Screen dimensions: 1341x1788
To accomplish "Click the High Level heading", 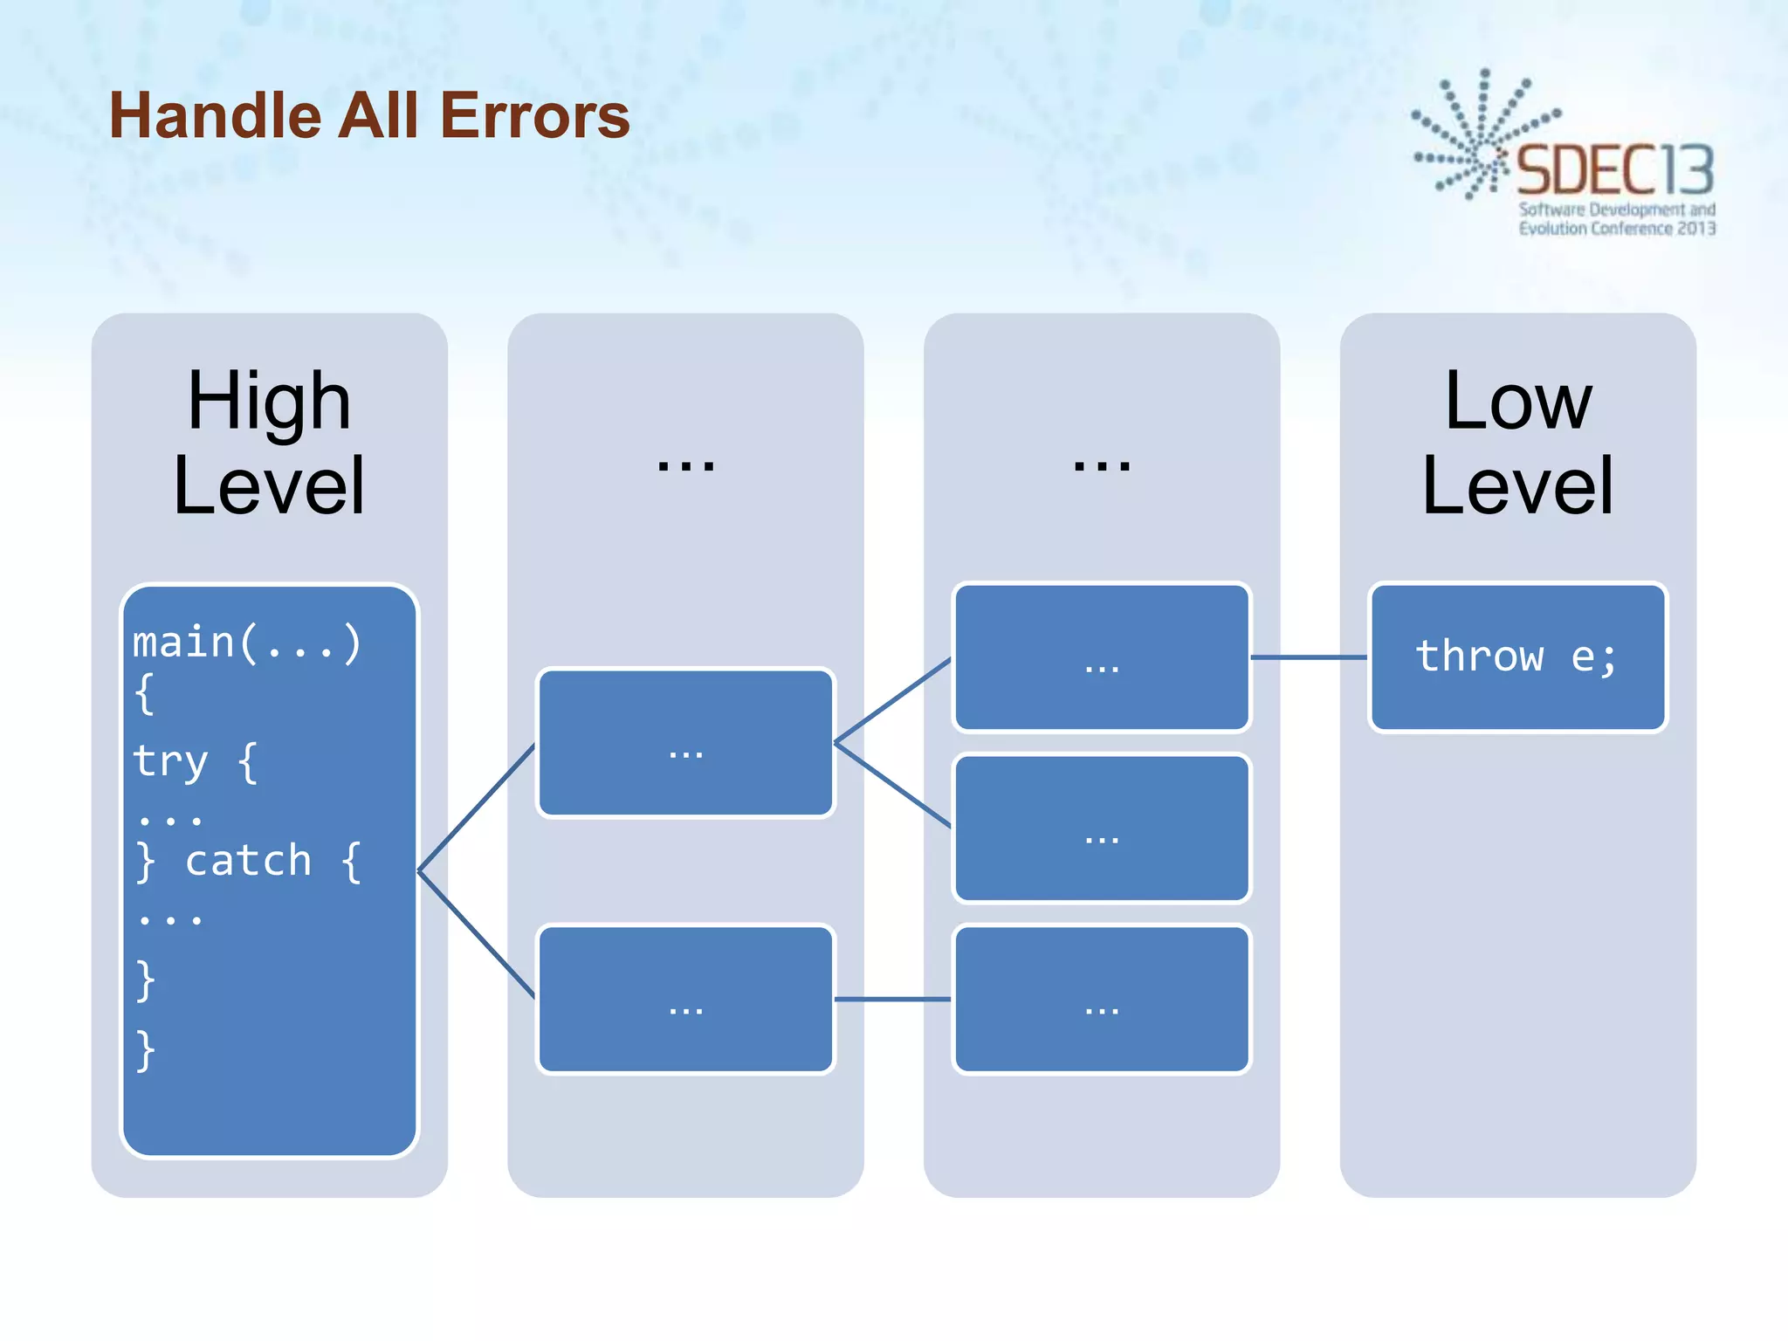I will pos(269,443).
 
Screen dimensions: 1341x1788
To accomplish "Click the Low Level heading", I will pos(1517,443).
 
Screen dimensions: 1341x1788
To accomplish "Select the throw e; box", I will pos(1517,657).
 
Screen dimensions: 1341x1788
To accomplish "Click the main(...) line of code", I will pos(246,643).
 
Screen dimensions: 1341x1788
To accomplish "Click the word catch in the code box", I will pos(248,862).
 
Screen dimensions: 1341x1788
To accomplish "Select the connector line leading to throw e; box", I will pos(1309,657).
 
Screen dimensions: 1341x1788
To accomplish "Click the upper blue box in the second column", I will pos(685,743).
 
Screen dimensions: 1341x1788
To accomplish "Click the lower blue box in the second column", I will pos(685,1000).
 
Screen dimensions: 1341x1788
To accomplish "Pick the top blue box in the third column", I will pos(1102,657).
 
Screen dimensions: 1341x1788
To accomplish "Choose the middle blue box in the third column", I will pos(1102,829).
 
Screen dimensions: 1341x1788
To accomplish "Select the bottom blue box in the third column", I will pos(1102,1000).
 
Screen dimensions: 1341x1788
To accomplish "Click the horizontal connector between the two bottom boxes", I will pos(892,1000).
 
